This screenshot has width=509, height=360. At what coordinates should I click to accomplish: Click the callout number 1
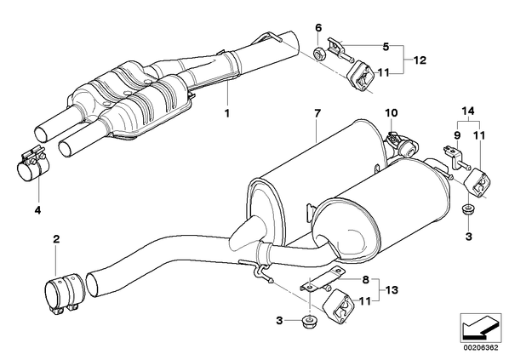[x=227, y=113]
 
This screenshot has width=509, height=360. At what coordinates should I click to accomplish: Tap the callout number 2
[x=56, y=239]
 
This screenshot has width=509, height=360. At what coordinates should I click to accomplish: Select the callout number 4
[x=38, y=210]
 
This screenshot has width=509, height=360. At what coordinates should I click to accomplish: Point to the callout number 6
[x=318, y=28]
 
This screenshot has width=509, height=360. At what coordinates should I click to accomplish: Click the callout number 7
[x=317, y=113]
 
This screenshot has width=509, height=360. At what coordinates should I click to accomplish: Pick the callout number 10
[x=392, y=113]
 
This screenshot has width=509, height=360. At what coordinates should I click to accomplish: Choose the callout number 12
[x=420, y=60]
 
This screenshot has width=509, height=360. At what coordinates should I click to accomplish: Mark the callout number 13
[x=392, y=290]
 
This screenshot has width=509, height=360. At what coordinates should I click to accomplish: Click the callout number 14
[x=468, y=111]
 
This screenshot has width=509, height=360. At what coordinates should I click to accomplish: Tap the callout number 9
[x=457, y=134]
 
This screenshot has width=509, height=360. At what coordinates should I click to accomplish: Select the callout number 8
[x=366, y=279]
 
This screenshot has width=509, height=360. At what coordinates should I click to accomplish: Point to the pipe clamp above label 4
[x=31, y=162]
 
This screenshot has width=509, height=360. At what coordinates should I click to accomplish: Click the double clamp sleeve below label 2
[x=65, y=293]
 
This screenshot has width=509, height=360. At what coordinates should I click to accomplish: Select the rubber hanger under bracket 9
[x=478, y=182]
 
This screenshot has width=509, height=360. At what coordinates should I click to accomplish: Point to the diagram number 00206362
[x=480, y=348]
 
